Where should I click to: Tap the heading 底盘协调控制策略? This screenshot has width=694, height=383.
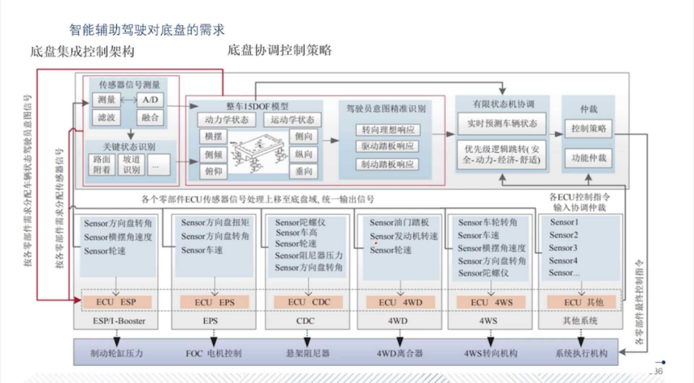pos(279,50)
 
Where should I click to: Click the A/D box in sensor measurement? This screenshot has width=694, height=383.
pos(149,99)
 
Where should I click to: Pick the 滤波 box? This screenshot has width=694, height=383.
pos(106,118)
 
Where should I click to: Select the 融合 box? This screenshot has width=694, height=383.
pos(149,118)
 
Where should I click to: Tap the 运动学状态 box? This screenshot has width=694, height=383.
pos(289,120)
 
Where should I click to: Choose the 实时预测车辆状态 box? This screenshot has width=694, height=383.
pos(501,124)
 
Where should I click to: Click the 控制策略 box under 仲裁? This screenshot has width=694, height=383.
pos(588,128)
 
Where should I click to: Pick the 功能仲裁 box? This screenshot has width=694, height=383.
pos(588,157)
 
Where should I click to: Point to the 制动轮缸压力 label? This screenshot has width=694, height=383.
pos(116,353)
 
